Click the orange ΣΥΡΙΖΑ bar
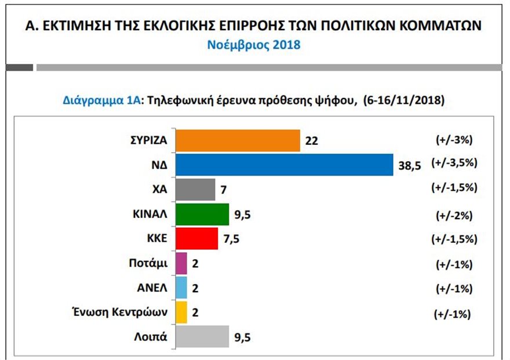[x=237, y=140]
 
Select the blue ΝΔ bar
[x=284, y=165]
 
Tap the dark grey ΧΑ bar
[x=195, y=190]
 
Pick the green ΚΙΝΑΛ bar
[x=202, y=214]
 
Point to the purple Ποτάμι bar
[x=181, y=263]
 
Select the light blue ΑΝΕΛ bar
[x=181, y=288]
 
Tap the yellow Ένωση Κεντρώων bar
[x=181, y=312]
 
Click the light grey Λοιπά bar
[x=202, y=337]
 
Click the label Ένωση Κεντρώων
[x=128, y=312]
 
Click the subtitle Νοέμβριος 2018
[x=254, y=45]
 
